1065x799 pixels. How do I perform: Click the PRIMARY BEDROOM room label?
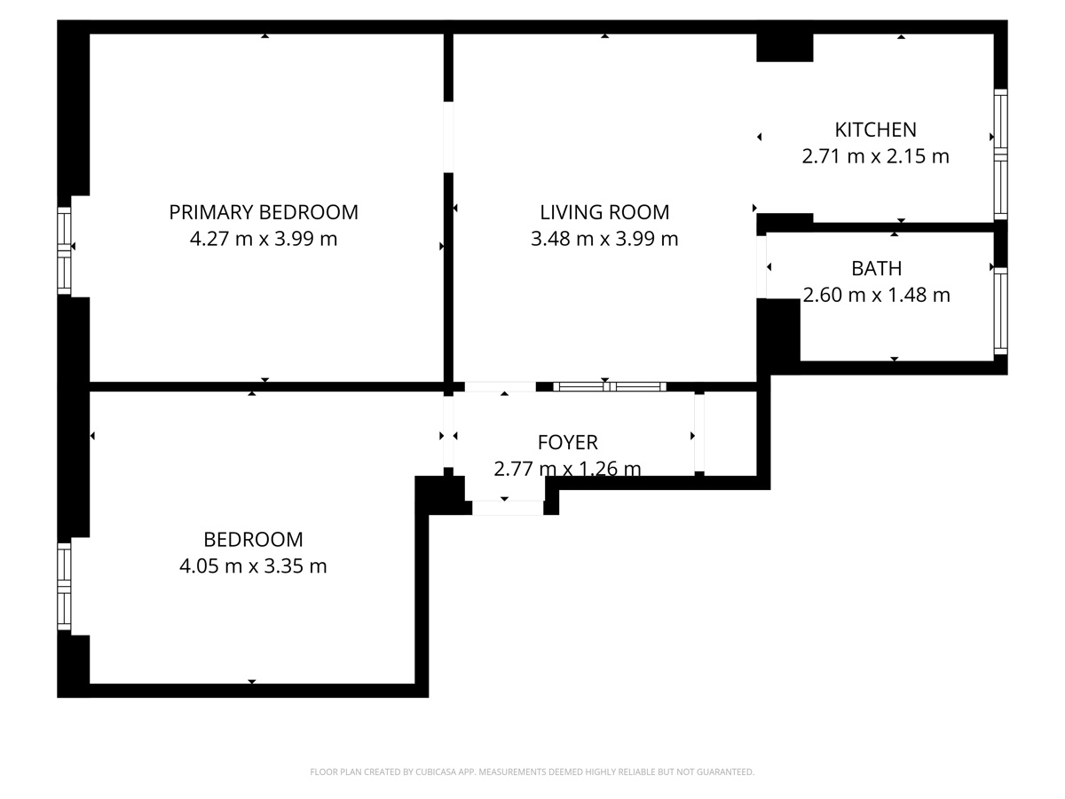click(x=264, y=212)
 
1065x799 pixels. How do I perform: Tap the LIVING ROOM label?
click(x=604, y=212)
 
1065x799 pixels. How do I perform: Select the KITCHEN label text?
click(x=875, y=130)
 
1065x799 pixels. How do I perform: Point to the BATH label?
click(x=876, y=268)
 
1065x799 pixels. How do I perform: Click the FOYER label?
click(x=568, y=442)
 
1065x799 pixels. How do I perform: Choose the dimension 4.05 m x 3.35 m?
click(x=253, y=566)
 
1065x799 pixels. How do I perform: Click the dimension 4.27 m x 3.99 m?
click(x=264, y=239)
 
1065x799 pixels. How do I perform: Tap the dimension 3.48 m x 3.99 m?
click(x=604, y=239)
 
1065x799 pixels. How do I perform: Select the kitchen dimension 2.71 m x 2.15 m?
click(x=875, y=156)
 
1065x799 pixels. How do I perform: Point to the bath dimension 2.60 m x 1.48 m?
click(x=876, y=295)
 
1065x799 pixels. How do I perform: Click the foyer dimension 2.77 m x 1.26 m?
click(x=568, y=469)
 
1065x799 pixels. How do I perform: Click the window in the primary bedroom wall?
click(x=64, y=250)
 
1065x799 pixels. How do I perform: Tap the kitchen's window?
click(x=1000, y=154)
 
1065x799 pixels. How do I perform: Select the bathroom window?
click(x=1000, y=312)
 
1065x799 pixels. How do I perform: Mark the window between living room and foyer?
click(x=610, y=387)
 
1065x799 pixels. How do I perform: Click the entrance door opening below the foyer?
click(x=508, y=508)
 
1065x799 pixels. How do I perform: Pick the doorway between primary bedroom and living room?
click(x=448, y=138)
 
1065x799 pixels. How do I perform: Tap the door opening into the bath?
click(x=761, y=267)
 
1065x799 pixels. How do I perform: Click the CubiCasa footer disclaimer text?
click(x=532, y=771)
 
